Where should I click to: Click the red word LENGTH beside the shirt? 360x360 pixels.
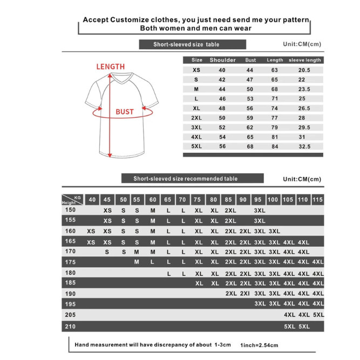pyautogui.click(x=110, y=66)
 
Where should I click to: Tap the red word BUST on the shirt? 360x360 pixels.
pyautogui.click(x=125, y=112)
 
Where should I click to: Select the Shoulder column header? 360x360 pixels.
pyautogui.click(x=222, y=60)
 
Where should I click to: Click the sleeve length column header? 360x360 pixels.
pyautogui.click(x=305, y=60)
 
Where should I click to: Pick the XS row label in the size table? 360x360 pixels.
pyautogui.click(x=197, y=70)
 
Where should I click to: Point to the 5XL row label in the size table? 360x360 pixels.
pyautogui.click(x=197, y=146)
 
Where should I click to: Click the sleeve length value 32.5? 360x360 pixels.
pyautogui.click(x=304, y=146)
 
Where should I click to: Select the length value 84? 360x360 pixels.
pyautogui.click(x=275, y=146)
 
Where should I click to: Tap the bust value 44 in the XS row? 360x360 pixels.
pyautogui.click(x=250, y=70)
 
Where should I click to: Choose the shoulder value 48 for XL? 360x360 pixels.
pyautogui.click(x=222, y=108)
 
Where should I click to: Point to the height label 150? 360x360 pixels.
pyautogui.click(x=71, y=210)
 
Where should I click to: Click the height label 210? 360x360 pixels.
pyautogui.click(x=71, y=326)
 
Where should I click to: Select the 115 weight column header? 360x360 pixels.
pyautogui.click(x=318, y=200)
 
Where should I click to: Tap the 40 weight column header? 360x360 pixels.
pyautogui.click(x=91, y=200)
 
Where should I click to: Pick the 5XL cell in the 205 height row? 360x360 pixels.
pyautogui.click(x=318, y=314)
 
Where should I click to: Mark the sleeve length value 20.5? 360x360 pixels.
pyautogui.click(x=304, y=70)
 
